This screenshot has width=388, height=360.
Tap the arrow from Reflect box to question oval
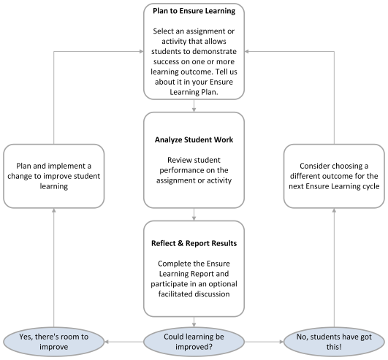pos(194,323)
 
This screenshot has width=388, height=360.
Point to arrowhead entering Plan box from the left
pos(140,51)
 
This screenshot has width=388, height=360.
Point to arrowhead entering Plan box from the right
pos(248,51)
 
